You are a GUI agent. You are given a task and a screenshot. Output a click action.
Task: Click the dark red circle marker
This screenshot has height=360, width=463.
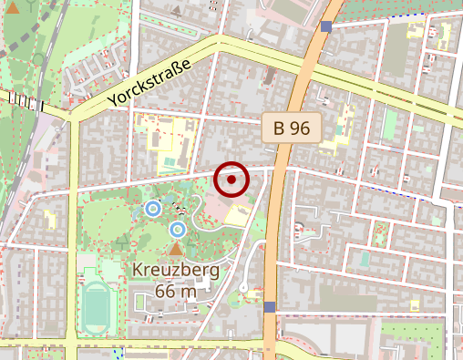click(x=232, y=180)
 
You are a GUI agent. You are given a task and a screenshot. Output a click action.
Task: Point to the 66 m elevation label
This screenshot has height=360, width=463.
click(x=176, y=292)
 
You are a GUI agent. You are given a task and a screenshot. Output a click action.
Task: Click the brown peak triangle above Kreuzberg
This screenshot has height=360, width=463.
click(x=176, y=248)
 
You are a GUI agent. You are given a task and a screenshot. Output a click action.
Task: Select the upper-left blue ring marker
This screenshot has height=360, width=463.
click(x=153, y=210)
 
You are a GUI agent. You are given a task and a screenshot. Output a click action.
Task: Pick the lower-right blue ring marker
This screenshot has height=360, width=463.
click(x=178, y=229)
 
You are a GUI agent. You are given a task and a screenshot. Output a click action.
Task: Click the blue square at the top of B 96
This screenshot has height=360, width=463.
click(x=326, y=26)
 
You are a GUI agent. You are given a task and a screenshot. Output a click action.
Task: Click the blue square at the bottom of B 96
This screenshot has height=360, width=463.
click(x=269, y=307)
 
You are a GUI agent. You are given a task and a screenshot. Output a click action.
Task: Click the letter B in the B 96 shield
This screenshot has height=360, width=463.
click(x=278, y=128)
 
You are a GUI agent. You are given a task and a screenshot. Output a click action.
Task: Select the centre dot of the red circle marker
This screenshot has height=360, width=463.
click(x=232, y=180)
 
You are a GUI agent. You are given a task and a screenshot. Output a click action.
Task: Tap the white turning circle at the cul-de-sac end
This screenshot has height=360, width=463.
click(x=243, y=287)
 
